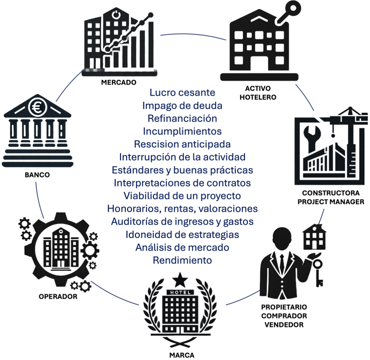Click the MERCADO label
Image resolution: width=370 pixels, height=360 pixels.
click(x=119, y=82)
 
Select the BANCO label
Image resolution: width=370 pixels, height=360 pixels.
click(x=37, y=175)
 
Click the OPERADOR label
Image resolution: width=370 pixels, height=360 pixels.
click(x=58, y=297)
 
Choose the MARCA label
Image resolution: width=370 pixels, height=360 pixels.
click(x=182, y=354)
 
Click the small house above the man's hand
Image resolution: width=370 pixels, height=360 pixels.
click(x=314, y=237)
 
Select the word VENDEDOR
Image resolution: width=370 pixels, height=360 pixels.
click(x=284, y=324)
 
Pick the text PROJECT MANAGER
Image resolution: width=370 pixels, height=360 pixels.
click(x=331, y=201)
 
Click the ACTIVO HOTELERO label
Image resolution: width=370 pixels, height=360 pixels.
click(x=258, y=93)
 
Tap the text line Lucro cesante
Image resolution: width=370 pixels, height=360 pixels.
click(x=182, y=92)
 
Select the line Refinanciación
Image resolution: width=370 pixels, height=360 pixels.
click(x=182, y=118)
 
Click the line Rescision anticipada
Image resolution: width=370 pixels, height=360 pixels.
click(x=182, y=144)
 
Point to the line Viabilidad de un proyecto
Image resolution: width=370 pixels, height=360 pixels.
click(x=182, y=196)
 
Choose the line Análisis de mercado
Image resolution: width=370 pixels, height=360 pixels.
click(x=182, y=247)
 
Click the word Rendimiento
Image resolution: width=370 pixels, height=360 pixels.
click(x=182, y=260)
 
